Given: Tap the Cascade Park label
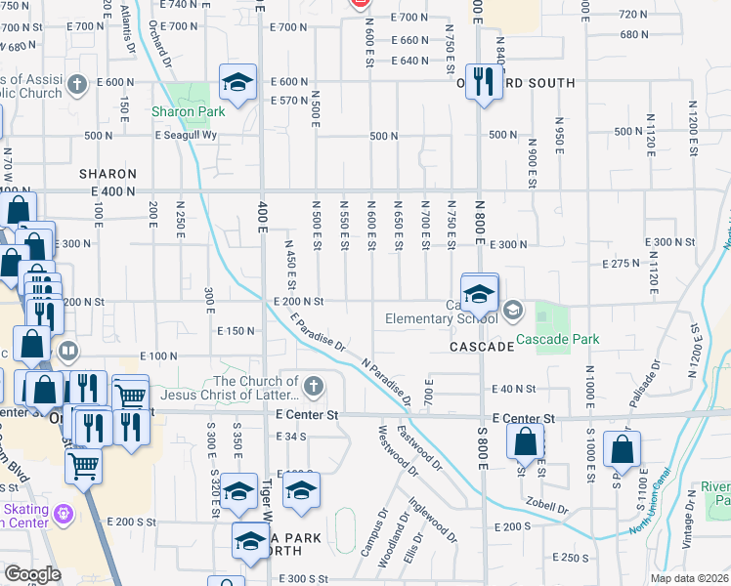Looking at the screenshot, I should click(x=557, y=339).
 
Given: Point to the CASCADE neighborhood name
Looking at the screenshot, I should click(x=483, y=347).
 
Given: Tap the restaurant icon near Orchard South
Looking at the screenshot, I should click(x=482, y=81).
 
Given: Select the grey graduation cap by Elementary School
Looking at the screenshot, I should click(x=512, y=312).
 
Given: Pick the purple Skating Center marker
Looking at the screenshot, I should click(x=64, y=511).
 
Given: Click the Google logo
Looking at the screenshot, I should click(x=31, y=574).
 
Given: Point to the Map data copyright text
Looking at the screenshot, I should click(x=690, y=578).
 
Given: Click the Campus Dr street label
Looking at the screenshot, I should click(x=373, y=531).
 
